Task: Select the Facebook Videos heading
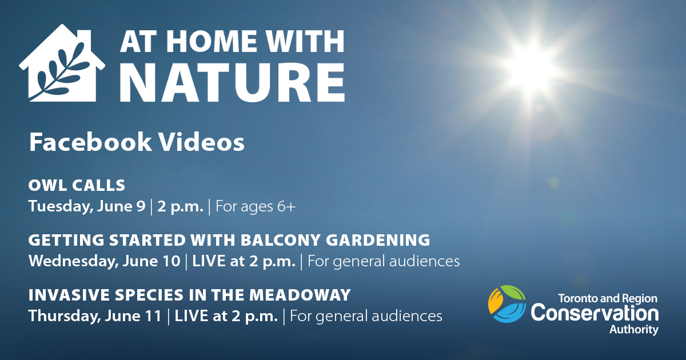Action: pyautogui.click(x=137, y=142)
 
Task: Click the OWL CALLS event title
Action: pyautogui.click(x=77, y=185)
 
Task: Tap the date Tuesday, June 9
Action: pyautogui.click(x=87, y=206)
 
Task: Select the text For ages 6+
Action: pyautogui.click(x=256, y=206)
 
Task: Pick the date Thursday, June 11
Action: pyautogui.click(x=95, y=315)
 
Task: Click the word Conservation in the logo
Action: pyautogui.click(x=595, y=313)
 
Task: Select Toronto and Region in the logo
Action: pyautogui.click(x=607, y=298)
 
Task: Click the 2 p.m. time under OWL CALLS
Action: pyautogui.click(x=180, y=206)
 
